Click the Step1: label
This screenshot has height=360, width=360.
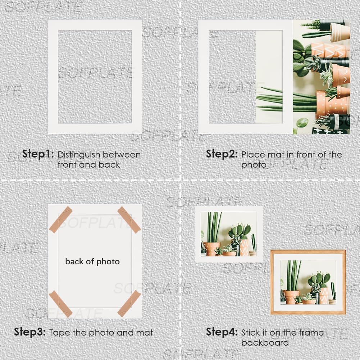(38, 154)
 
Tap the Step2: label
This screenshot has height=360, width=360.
(222, 154)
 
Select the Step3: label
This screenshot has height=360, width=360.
(29, 332)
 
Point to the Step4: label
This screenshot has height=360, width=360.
(222, 332)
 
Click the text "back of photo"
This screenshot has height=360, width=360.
(92, 262)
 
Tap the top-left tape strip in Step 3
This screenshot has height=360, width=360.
(61, 220)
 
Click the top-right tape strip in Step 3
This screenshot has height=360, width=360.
(129, 220)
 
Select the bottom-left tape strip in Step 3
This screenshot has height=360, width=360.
(61, 304)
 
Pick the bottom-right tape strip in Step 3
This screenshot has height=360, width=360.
(129, 304)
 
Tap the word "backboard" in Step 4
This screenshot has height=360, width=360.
(265, 343)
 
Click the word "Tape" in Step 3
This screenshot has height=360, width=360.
(59, 333)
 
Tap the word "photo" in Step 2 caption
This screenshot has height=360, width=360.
(254, 165)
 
